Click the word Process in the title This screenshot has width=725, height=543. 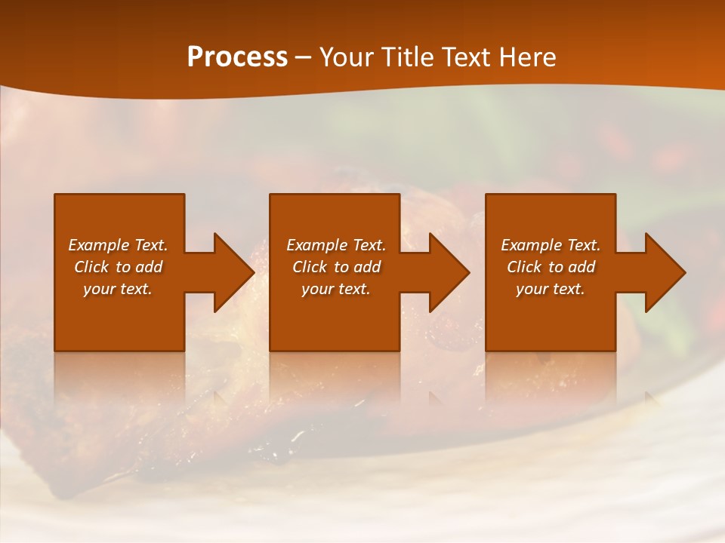(237, 57)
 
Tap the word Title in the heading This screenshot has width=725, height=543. (406, 57)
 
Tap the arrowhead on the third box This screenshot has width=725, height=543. (664, 272)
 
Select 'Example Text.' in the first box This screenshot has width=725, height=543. (118, 245)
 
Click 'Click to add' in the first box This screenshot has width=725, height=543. (118, 267)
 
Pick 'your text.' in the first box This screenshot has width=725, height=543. (118, 289)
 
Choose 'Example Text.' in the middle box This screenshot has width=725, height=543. (336, 245)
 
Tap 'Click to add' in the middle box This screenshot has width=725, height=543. (336, 267)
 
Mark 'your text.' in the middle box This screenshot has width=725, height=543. (336, 289)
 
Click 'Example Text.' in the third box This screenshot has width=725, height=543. (551, 245)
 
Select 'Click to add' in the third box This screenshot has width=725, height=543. (551, 267)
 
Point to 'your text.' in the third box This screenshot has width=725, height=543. (551, 289)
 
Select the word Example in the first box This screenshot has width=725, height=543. (99, 245)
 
